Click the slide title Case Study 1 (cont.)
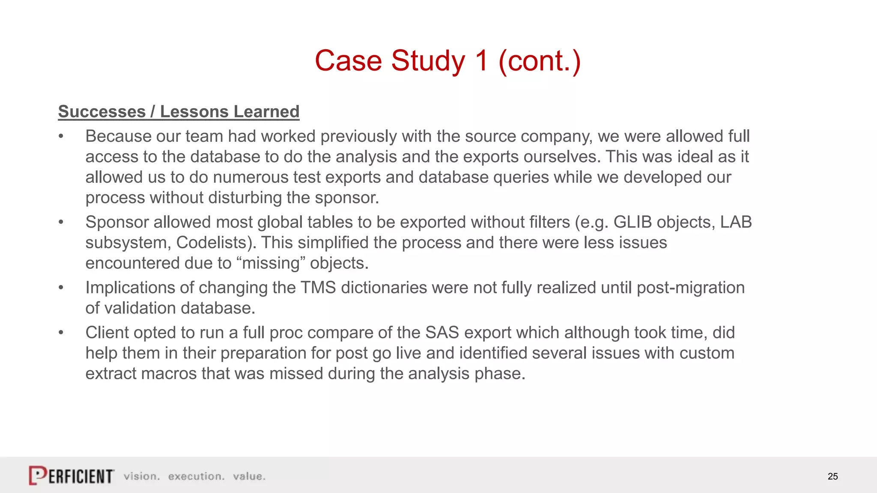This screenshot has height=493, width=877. coord(447,61)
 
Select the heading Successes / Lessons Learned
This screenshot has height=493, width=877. coord(179,112)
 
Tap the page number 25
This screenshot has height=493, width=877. coord(832,476)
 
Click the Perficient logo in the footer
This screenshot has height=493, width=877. coord(72,475)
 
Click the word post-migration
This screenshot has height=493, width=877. coord(691,288)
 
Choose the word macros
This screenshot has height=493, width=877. coord(169,374)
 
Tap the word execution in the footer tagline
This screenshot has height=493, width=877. coord(196,476)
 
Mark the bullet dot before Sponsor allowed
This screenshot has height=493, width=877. coord(61,222)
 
